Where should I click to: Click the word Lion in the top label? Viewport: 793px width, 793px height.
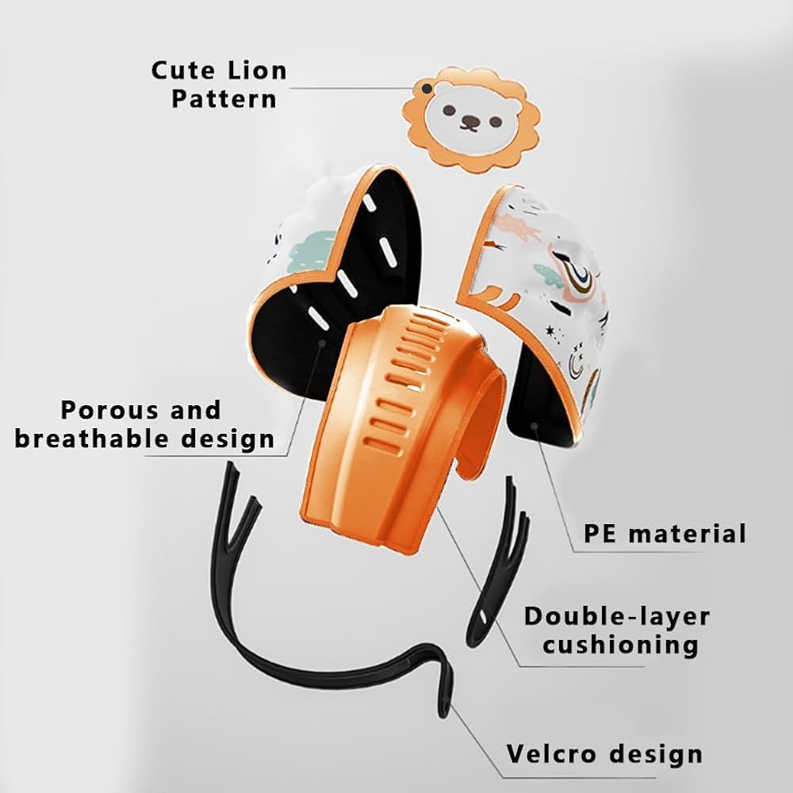257,71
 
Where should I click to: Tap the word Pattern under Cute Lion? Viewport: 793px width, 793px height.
224,98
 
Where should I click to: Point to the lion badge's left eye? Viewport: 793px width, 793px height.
448,109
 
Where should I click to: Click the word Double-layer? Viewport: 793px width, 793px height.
617,616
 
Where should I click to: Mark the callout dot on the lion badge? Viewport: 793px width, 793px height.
427,89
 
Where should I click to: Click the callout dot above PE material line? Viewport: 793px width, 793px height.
534,426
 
